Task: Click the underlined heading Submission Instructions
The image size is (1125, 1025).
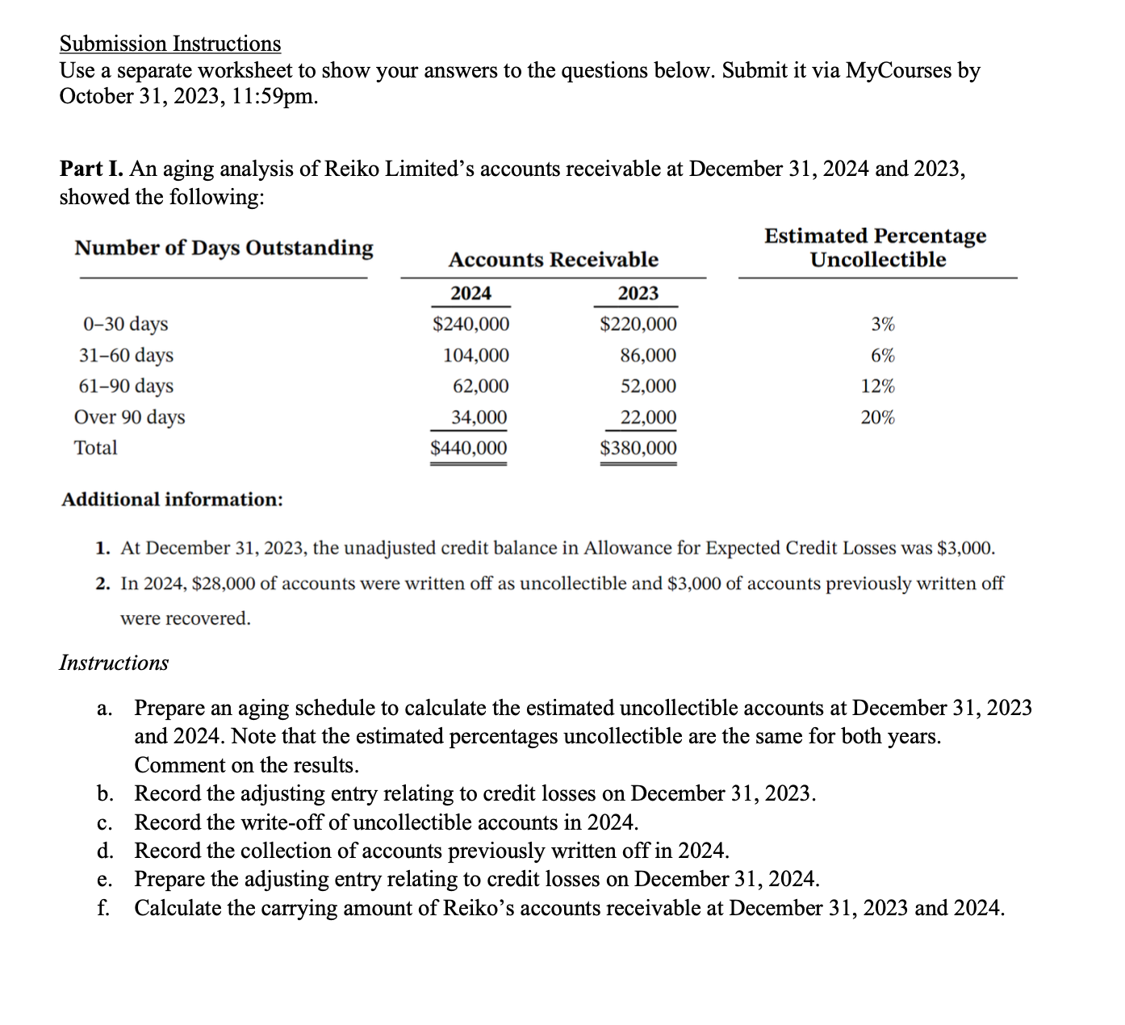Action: click(x=170, y=44)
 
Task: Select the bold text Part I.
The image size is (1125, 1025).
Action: click(x=92, y=169)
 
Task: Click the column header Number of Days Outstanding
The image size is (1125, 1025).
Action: click(x=224, y=248)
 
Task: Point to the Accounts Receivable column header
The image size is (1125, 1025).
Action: click(x=553, y=260)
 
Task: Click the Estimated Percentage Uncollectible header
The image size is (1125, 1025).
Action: click(x=876, y=248)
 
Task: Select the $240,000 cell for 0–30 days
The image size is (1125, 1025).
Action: click(x=471, y=324)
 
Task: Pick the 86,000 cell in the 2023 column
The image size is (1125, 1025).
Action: click(x=648, y=355)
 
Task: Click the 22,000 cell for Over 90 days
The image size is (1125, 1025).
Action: click(x=648, y=417)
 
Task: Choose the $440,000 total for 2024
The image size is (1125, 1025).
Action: click(x=469, y=448)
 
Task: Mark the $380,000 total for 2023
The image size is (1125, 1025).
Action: click(x=638, y=448)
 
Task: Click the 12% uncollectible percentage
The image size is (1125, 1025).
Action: click(x=877, y=387)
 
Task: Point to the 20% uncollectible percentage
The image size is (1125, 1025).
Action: click(x=877, y=417)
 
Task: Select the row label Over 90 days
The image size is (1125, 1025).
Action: click(x=129, y=417)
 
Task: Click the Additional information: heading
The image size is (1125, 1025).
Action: click(x=173, y=500)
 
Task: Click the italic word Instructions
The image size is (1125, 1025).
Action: click(x=114, y=663)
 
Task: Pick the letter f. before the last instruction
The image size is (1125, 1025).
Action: click(x=103, y=908)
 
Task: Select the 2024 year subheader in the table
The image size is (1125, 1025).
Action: click(x=470, y=293)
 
